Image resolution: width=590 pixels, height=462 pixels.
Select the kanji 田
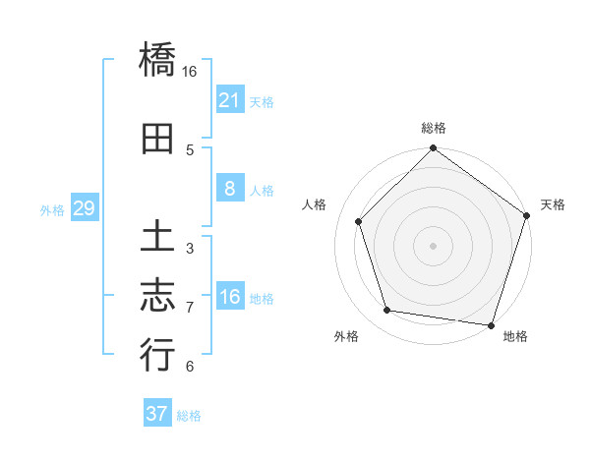(x=157, y=139)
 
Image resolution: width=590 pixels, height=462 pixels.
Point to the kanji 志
(x=157, y=294)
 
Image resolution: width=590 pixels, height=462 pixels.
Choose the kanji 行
(x=157, y=354)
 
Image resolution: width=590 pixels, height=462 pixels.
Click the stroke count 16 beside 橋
(x=190, y=72)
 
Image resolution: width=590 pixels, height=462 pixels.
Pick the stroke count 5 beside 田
(x=190, y=149)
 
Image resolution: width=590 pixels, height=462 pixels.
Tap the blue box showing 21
(x=229, y=100)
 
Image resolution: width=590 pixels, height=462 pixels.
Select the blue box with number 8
(x=229, y=190)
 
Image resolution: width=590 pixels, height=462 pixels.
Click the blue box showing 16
(x=229, y=298)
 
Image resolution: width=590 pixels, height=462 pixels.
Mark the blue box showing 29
(x=84, y=209)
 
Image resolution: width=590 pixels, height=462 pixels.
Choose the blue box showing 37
(x=156, y=414)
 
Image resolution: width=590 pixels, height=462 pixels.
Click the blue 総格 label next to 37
(x=189, y=416)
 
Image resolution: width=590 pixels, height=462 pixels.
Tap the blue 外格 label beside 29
(x=52, y=210)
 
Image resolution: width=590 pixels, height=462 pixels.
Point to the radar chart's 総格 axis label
(x=434, y=128)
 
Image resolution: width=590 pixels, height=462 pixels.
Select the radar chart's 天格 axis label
(x=554, y=204)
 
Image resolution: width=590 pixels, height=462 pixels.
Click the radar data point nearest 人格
(x=359, y=221)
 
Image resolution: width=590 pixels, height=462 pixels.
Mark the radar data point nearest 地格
(x=491, y=324)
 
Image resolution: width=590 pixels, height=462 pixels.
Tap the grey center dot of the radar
(x=434, y=245)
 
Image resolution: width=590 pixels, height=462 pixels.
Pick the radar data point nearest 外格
(x=387, y=311)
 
